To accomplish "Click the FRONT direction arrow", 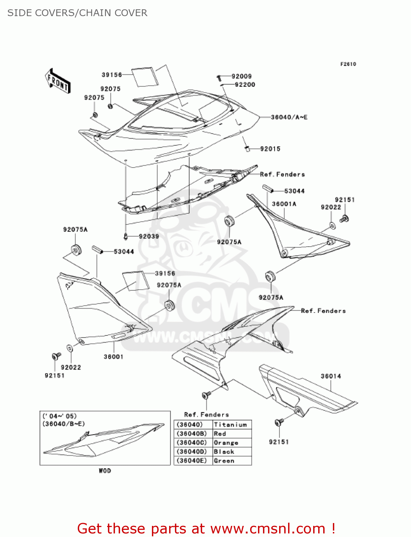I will click(x=57, y=81).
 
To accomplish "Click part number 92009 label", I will click(x=242, y=76).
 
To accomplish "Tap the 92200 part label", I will click(x=245, y=85).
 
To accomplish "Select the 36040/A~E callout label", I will click(x=289, y=117).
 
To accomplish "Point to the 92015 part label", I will click(x=270, y=149).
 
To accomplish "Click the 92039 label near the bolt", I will click(x=149, y=236).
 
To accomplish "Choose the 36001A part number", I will click(x=284, y=204).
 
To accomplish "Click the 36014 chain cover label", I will click(x=331, y=376).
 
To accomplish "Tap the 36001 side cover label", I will click(x=113, y=357).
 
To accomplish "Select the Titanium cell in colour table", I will click(x=230, y=425).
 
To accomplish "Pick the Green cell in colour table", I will click(x=224, y=461).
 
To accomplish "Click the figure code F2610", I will click(x=348, y=64).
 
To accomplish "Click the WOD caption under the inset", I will click(x=105, y=471).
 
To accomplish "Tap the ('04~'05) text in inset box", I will click(x=59, y=416).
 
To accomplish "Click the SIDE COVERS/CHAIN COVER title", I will click(x=77, y=13).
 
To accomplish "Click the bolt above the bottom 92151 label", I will click(x=278, y=423).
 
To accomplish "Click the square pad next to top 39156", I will click(x=145, y=76).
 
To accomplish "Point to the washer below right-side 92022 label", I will click(x=332, y=226).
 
